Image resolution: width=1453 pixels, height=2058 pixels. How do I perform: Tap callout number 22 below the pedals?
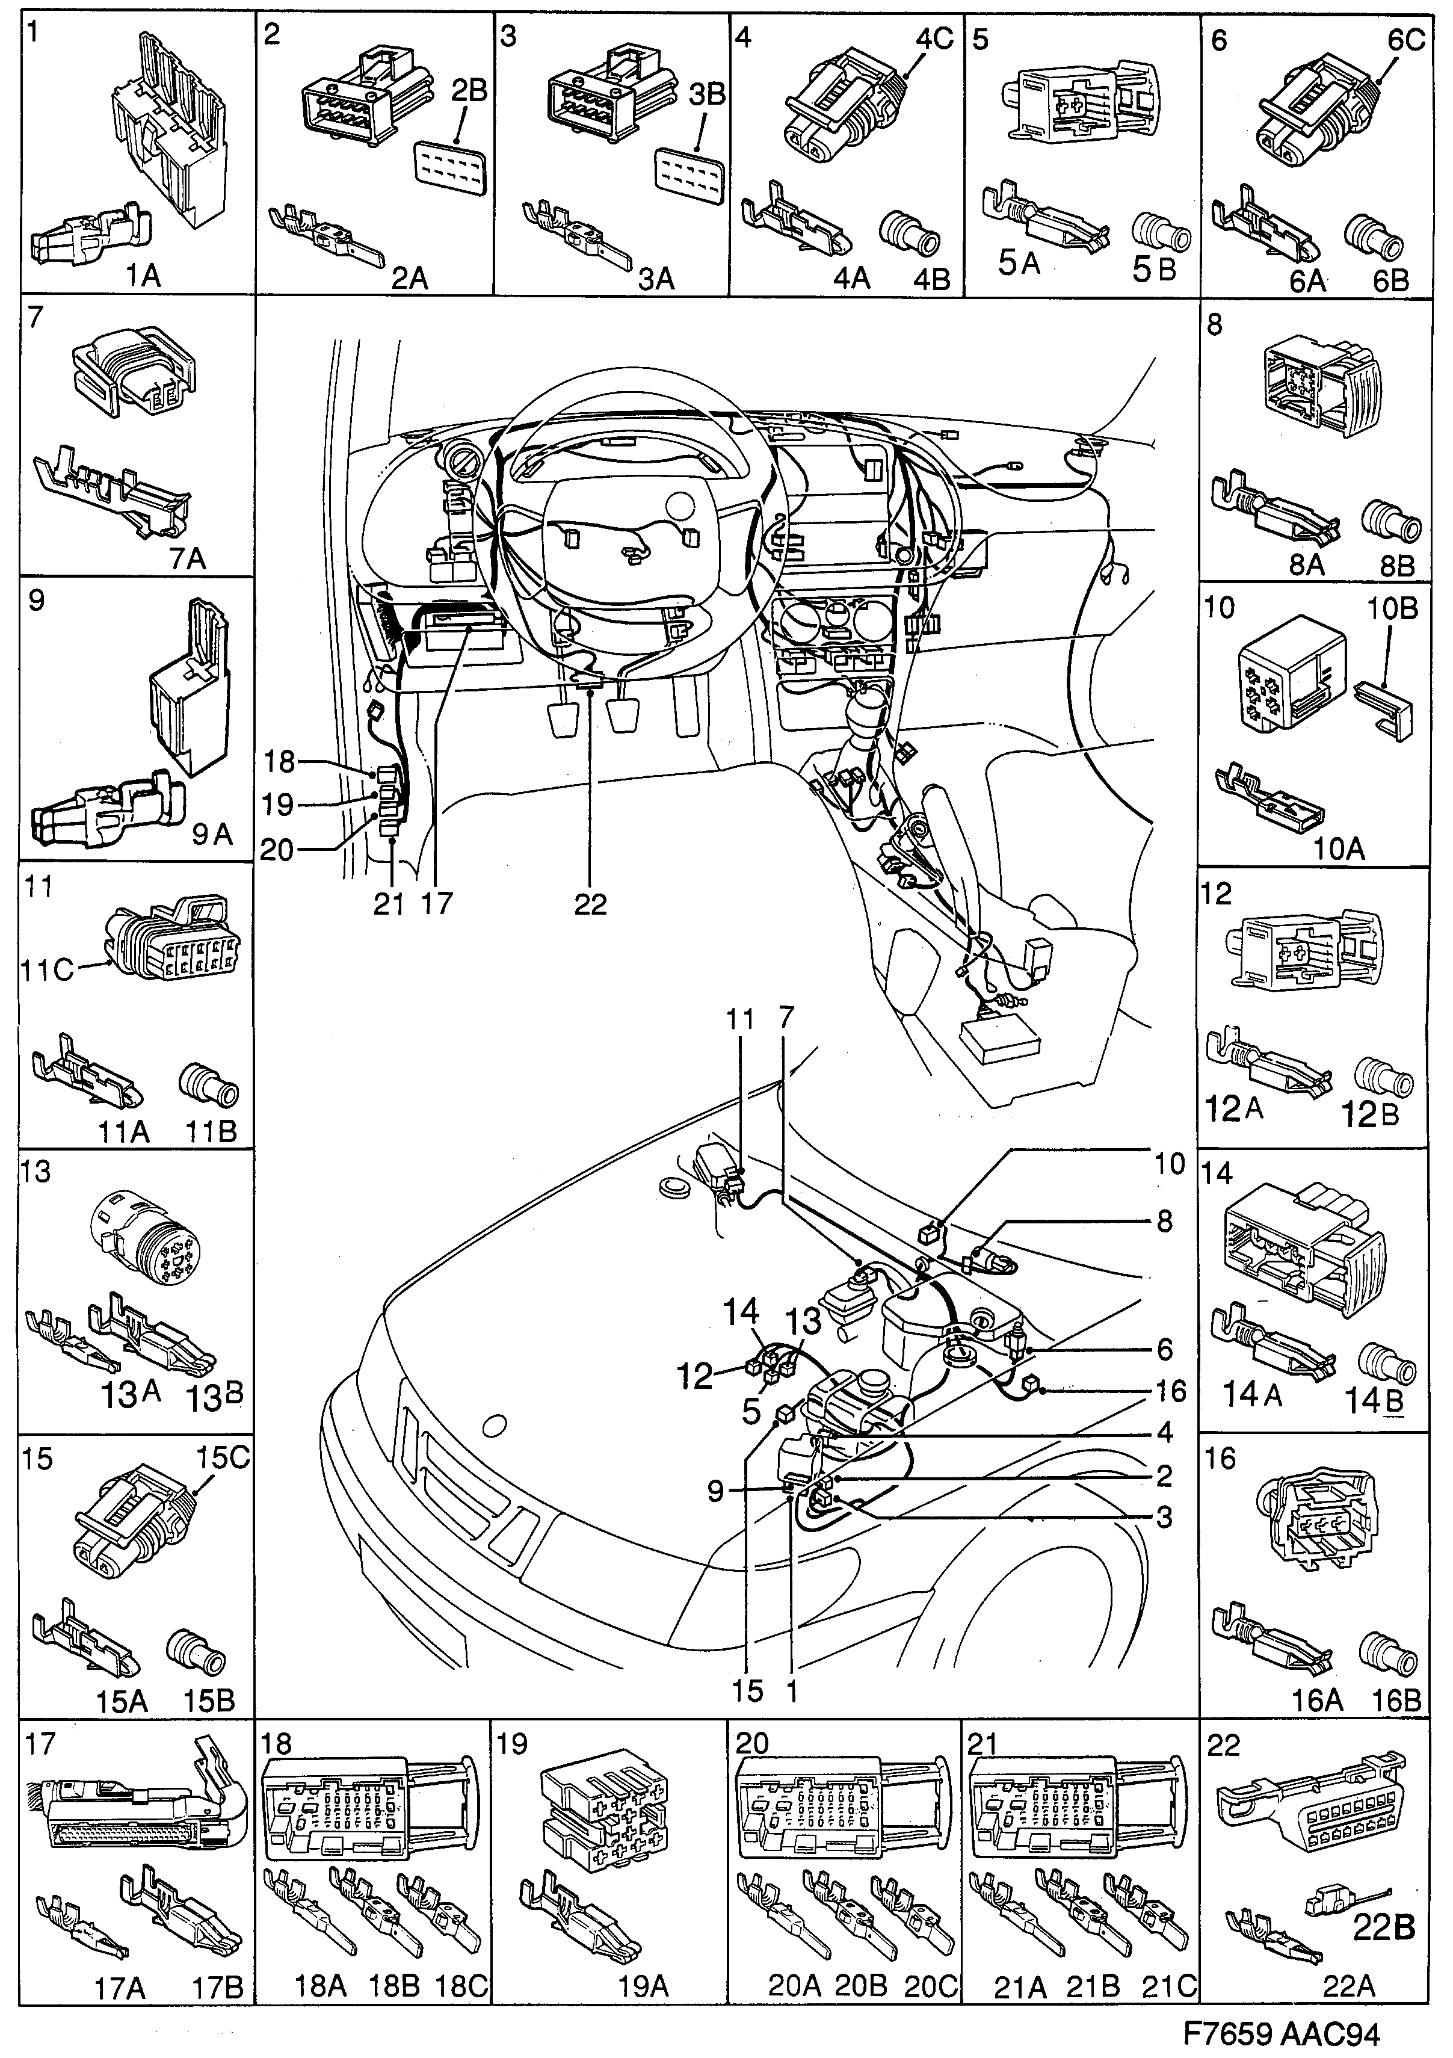[591, 903]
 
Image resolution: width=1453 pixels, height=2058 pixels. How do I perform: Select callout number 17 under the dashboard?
[437, 903]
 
